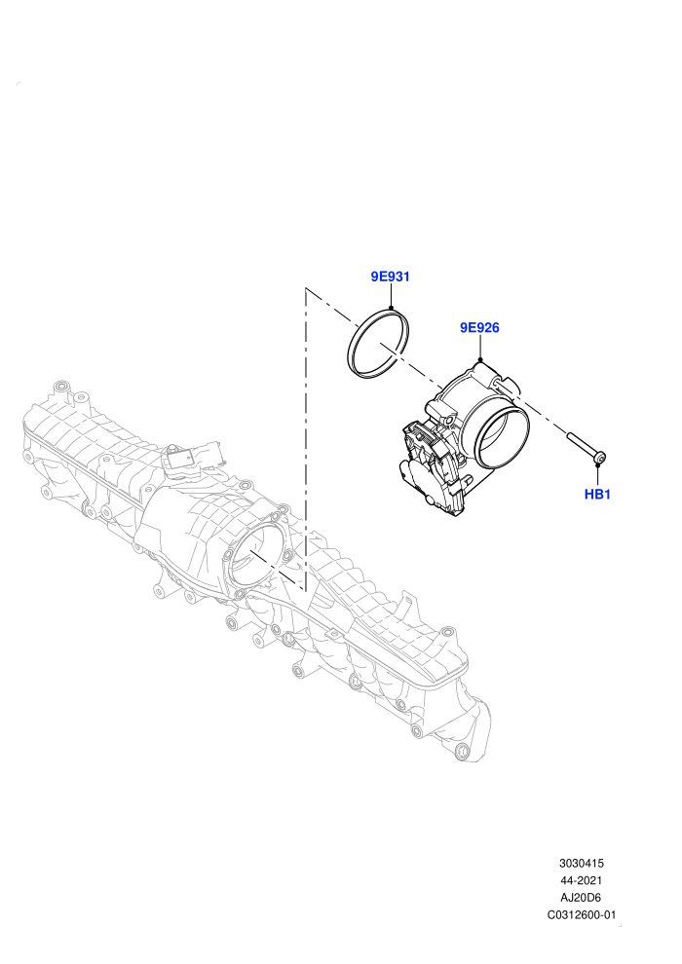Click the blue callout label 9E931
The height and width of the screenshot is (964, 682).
point(390,277)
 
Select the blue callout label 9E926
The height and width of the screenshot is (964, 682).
point(479,328)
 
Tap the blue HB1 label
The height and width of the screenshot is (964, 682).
point(597,495)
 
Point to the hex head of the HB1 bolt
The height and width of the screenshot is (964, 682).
point(600,458)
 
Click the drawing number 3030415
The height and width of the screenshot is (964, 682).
point(581,863)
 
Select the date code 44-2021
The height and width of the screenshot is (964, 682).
point(581,880)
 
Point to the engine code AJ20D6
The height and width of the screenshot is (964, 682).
point(581,898)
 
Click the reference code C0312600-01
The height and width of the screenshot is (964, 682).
point(581,914)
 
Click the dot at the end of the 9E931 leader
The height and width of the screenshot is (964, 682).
point(391,309)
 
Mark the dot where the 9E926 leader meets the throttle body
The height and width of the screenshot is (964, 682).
point(480,359)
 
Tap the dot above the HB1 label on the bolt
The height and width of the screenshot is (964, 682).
point(597,465)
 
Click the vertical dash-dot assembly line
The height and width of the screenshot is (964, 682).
point(306,438)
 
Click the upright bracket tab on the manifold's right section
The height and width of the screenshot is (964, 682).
point(407,606)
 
